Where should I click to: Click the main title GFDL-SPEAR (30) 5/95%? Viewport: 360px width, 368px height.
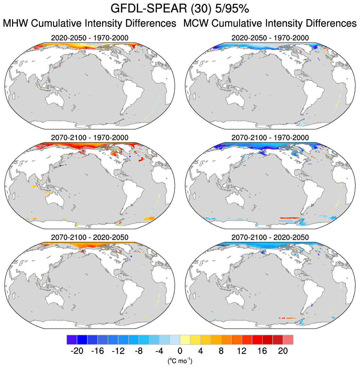point(180,9)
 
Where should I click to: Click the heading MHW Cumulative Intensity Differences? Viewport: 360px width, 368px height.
point(89,24)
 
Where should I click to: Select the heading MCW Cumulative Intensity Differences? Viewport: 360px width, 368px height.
point(270,24)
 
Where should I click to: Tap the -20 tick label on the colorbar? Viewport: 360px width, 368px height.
point(77,351)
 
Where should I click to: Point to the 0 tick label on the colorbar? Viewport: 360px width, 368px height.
point(180,351)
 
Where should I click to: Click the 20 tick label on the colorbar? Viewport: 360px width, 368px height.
point(283,351)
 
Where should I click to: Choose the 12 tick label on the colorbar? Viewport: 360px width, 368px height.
point(242,351)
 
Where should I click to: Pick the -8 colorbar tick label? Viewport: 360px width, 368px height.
point(138,351)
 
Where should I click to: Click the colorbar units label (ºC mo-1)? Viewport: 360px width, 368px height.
point(180,361)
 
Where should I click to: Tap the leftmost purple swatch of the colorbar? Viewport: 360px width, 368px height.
point(72,340)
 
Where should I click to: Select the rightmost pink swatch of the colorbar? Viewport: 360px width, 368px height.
point(288,340)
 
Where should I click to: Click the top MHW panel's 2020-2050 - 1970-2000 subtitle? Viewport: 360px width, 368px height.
point(90,38)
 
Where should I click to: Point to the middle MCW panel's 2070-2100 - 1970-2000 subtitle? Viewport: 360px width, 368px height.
point(270,138)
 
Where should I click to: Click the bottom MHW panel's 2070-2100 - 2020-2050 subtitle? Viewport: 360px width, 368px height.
point(90,237)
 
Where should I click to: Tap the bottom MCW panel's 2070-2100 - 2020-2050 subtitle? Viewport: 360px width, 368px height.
point(270,237)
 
